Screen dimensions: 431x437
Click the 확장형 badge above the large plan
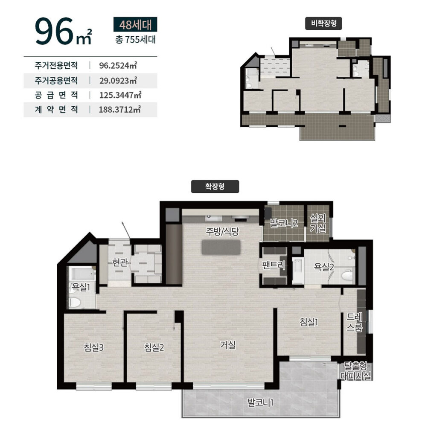tap(215, 186)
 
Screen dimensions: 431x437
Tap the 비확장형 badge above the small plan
tap(323, 23)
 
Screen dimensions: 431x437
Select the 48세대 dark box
tap(135, 24)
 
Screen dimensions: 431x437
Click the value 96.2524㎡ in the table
tap(118, 66)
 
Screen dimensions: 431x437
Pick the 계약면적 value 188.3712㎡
tap(119, 109)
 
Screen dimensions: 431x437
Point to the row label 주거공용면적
tap(56, 81)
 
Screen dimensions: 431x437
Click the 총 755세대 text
tap(135, 40)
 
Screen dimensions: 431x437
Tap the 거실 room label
tap(228, 345)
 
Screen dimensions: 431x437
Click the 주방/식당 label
tap(222, 231)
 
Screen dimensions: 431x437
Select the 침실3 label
tap(93, 347)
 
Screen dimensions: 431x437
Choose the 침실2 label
tap(154, 347)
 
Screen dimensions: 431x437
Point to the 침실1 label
tap(309, 322)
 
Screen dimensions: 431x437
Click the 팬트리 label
tap(274, 265)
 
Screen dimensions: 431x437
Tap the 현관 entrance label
tap(120, 262)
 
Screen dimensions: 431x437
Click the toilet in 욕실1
tap(75, 302)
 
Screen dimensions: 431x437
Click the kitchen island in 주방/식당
tap(221, 247)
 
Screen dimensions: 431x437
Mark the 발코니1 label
tap(260, 402)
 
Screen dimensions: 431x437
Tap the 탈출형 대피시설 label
tap(356, 371)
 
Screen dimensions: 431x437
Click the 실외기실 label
tap(318, 223)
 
